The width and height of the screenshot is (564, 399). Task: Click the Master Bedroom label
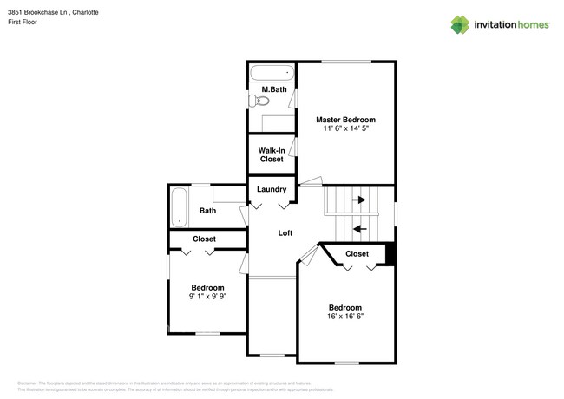pos(345,120)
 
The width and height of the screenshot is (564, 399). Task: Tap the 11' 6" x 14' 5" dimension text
pos(345,129)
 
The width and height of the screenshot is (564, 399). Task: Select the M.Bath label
pos(273,90)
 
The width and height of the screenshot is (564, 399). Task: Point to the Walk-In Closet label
pos(272,154)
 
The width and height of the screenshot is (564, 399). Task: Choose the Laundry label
pos(272,189)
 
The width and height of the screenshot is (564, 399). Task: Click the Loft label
pos(285,233)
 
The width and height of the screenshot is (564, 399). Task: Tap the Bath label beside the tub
pos(207,211)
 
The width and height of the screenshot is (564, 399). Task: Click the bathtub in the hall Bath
pos(179,206)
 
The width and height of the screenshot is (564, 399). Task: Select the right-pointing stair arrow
pos(358,199)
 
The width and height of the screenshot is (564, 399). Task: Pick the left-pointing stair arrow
pos(358,229)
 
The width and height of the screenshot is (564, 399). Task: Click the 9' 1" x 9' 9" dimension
pos(207,297)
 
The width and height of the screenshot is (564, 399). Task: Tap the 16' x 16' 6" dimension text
pos(344,317)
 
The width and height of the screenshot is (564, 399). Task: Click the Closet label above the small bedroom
pos(204,239)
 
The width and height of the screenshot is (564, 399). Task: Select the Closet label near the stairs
pos(357,254)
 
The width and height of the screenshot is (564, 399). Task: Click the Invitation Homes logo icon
pos(460,24)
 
